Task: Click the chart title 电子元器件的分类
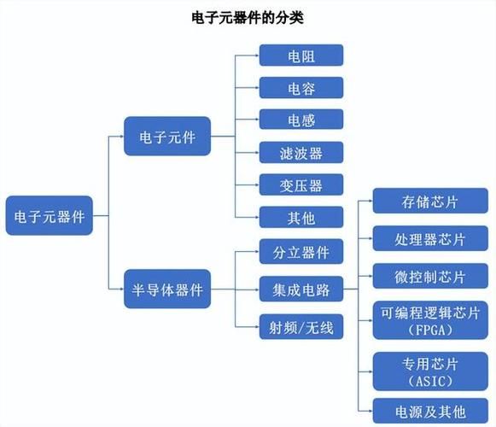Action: (247, 17)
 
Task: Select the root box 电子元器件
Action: (50, 217)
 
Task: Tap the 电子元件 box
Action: (166, 136)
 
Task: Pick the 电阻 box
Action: (301, 56)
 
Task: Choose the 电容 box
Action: (301, 88)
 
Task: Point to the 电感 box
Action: (301, 120)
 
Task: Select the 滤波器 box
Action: (301, 153)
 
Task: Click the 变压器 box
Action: (301, 185)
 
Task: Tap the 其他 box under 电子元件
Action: (301, 218)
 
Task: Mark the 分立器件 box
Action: (301, 253)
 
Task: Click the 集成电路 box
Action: (301, 290)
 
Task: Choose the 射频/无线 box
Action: (301, 326)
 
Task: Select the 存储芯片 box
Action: (430, 202)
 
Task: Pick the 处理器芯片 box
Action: (430, 240)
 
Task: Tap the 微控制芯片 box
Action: (430, 278)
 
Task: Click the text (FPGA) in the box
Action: (430, 329)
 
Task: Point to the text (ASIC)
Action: (430, 380)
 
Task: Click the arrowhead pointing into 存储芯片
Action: (369, 202)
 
